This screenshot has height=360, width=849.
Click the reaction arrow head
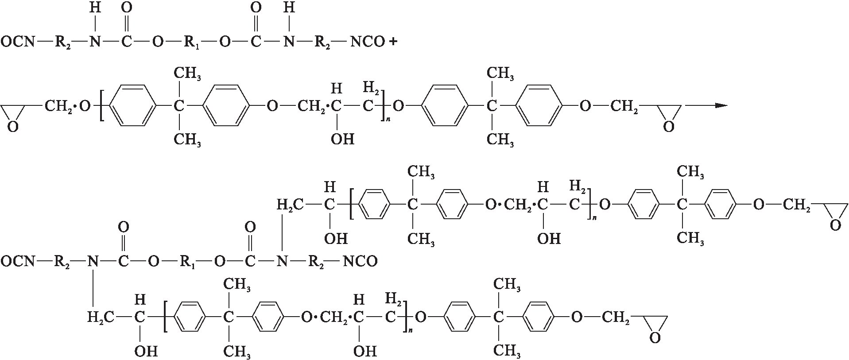pos(721,105)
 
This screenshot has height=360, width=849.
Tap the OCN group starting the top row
pos(17,43)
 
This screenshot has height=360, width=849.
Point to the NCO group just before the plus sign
pos(367,42)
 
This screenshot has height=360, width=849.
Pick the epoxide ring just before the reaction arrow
pos(669,116)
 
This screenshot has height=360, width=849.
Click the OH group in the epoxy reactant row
pos(342,139)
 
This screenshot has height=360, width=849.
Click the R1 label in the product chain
pos(188,262)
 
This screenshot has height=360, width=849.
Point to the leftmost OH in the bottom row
pos(146,351)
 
